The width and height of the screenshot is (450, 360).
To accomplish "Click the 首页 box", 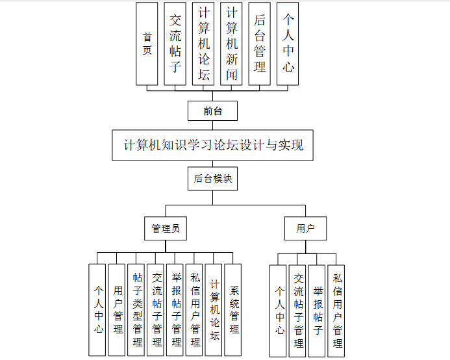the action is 147,44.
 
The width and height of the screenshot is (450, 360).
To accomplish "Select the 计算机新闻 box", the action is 232,44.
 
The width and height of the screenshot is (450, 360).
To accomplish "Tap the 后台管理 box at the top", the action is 260,44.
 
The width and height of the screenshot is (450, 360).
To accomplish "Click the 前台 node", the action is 212,111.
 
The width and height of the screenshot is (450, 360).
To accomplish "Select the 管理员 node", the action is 165,229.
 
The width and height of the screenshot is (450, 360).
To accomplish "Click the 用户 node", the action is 305,229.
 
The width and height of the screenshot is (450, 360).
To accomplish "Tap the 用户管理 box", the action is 117,309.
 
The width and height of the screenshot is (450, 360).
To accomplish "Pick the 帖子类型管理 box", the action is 136,309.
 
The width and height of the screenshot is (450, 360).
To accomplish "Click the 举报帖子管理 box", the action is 175,309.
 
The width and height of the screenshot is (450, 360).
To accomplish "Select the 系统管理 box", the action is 233,309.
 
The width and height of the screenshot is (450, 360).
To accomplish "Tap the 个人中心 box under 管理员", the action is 97,309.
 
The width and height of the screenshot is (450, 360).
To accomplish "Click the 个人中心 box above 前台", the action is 288,44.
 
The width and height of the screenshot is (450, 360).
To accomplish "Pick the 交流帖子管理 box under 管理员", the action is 156,309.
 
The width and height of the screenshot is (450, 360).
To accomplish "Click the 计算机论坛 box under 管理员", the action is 214,309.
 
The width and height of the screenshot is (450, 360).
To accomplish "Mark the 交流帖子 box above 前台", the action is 175,44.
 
